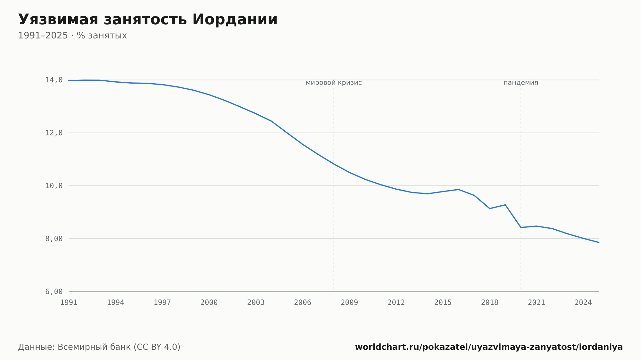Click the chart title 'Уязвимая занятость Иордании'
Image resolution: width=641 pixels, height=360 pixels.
148,20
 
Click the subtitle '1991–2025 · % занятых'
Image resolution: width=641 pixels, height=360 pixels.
72,36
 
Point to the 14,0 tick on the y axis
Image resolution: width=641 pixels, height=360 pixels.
54,80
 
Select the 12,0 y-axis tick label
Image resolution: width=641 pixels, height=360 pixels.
54,133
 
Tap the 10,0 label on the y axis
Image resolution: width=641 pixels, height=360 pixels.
54,186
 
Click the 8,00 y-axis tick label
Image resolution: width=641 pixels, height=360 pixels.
54,239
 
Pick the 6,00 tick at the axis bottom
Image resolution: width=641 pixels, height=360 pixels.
54,291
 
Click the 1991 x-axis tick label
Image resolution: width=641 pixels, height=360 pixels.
69,303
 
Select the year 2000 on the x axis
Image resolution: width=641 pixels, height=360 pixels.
209,303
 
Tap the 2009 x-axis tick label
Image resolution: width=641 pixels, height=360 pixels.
349,303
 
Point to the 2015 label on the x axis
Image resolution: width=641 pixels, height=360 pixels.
443,303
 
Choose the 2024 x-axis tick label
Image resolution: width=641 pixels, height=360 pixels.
583,303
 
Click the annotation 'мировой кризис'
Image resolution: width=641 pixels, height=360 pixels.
334,83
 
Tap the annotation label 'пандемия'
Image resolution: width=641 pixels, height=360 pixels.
521,83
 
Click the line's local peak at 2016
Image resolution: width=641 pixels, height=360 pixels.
459,190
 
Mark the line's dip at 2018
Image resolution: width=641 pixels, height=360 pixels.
490,209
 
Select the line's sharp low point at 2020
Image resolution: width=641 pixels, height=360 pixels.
521,227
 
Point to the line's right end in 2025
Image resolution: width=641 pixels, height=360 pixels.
599,242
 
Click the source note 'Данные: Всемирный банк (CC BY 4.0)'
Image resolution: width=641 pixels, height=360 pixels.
99,347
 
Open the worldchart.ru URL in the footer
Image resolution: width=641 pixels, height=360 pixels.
489,347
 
